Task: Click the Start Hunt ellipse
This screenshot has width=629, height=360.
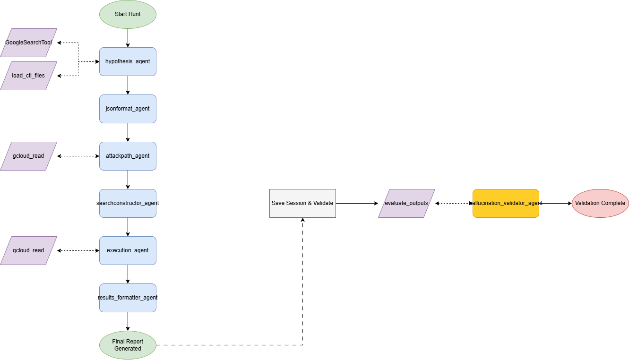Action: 128,14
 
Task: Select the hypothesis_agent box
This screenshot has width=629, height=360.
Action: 128,61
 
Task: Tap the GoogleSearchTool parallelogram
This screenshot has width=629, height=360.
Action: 28,43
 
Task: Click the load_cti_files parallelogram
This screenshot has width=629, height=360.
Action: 28,76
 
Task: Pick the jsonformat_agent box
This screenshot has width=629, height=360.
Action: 128,109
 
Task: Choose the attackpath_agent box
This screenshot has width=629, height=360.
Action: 128,156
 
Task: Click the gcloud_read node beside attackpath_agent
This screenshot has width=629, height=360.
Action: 28,156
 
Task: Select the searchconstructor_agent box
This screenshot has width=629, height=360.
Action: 128,203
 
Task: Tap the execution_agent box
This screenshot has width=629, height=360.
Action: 128,250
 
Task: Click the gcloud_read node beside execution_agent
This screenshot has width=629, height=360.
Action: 28,250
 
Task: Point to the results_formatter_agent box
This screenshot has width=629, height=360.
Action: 128,298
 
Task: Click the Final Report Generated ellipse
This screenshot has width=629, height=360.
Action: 128,345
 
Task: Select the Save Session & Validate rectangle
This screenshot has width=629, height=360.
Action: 302,203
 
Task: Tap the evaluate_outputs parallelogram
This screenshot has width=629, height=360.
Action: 406,203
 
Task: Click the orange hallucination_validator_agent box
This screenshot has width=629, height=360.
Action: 506,203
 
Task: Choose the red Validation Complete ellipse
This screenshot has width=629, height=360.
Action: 600,203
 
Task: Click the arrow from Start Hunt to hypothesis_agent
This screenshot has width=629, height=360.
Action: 128,38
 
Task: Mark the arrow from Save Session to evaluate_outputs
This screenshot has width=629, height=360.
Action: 357,203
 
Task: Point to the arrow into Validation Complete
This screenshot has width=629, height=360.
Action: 555,203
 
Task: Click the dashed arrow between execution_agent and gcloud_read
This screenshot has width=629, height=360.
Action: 78,250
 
